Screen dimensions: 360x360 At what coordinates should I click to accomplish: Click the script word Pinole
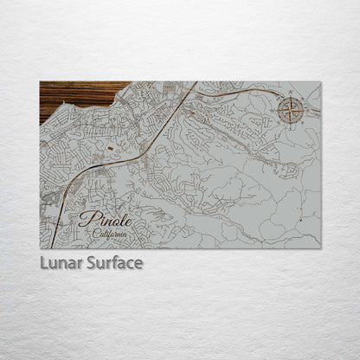click(x=102, y=219)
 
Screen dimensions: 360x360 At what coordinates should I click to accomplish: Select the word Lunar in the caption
click(x=61, y=262)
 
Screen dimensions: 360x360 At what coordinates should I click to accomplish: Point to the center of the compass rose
click(x=292, y=111)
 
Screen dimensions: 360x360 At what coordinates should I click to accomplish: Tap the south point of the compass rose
click(x=292, y=124)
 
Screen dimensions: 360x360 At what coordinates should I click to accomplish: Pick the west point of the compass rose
click(x=279, y=111)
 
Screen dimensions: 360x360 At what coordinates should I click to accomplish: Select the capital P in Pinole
click(x=85, y=219)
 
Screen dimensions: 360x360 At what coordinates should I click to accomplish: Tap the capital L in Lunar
click(x=44, y=262)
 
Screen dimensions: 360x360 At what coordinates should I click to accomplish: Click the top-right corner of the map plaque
click(x=320, y=82)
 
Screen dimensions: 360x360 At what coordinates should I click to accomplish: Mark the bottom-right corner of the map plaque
click(x=320, y=247)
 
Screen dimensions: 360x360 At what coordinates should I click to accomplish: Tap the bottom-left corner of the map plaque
click(x=40, y=247)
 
